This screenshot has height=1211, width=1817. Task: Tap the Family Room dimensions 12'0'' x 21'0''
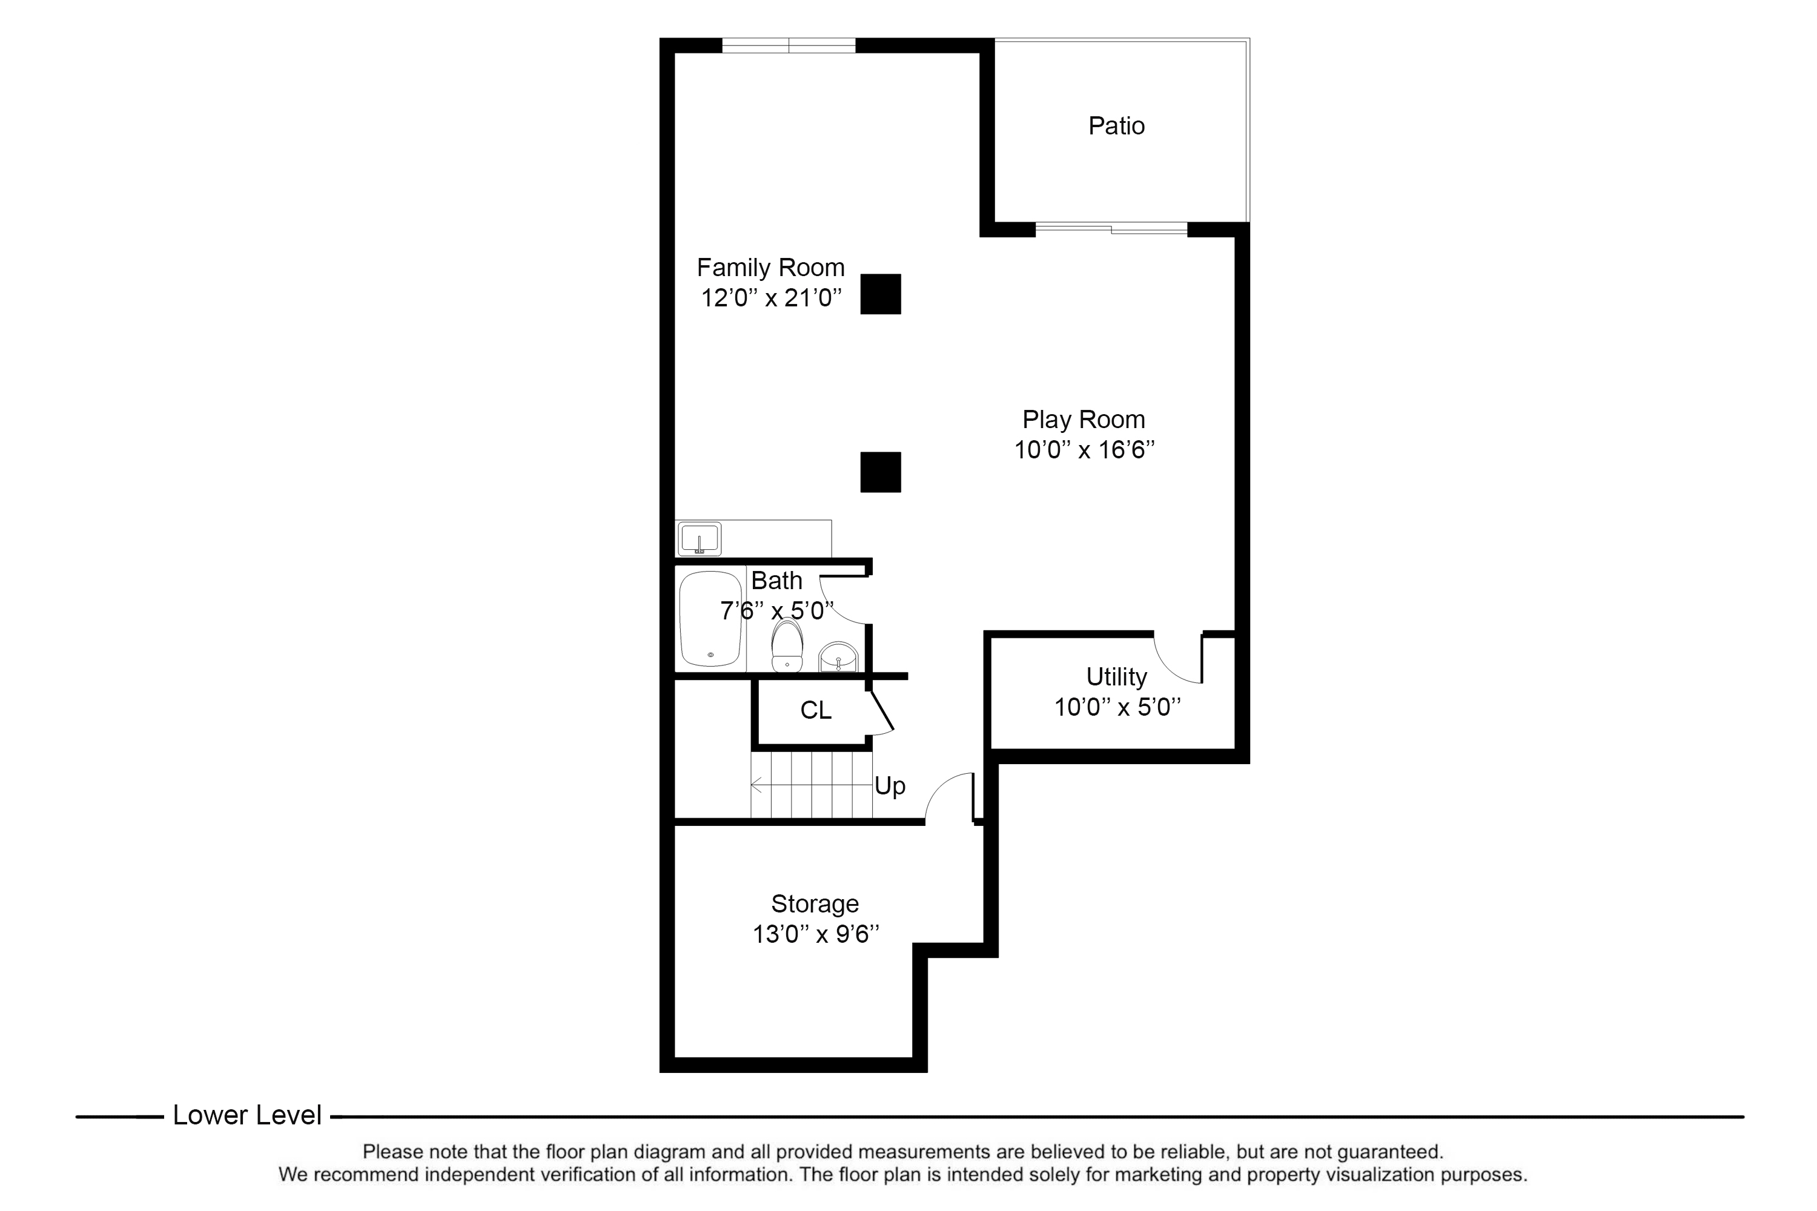click(x=770, y=297)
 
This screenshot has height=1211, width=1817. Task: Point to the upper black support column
click(x=881, y=294)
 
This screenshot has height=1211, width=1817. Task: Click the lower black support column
click(x=881, y=472)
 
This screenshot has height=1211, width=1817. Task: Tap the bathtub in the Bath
click(x=710, y=619)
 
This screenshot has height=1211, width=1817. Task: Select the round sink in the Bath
click(x=838, y=657)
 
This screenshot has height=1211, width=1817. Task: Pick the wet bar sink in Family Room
click(x=700, y=539)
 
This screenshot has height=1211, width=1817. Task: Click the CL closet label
click(x=816, y=710)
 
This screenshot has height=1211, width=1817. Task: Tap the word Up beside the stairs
click(x=890, y=786)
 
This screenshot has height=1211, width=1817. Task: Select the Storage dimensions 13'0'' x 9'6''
click(x=816, y=934)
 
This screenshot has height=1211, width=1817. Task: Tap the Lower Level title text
click(x=247, y=1115)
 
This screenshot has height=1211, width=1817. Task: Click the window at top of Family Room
click(x=789, y=45)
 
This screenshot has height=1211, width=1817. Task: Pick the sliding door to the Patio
click(x=1111, y=229)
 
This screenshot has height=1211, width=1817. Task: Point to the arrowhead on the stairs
click(x=755, y=785)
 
